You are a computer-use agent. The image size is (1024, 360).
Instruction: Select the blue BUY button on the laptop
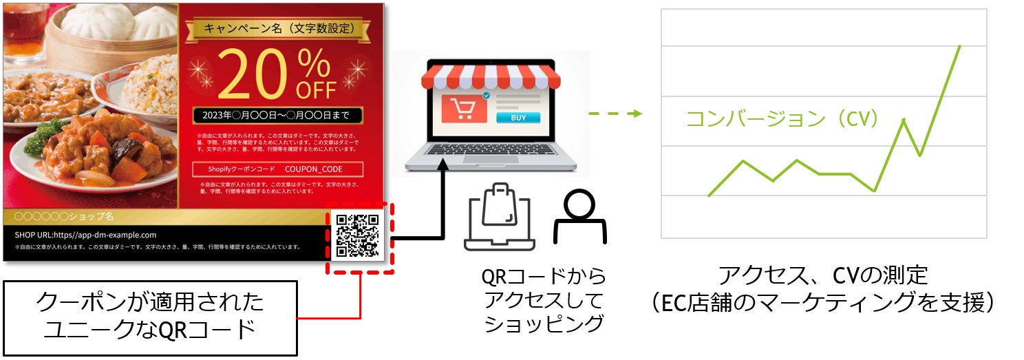coord(518,118)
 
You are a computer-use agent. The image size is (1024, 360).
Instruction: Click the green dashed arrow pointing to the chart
coord(615,114)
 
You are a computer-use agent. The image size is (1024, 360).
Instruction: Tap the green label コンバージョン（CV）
coord(783,119)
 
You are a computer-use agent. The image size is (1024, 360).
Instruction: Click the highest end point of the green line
coord(959,46)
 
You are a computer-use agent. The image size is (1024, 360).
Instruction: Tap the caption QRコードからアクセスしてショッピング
coord(544,300)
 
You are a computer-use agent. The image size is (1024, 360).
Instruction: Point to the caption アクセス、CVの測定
coord(823,276)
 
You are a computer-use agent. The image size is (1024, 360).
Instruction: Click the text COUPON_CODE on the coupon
coord(313,169)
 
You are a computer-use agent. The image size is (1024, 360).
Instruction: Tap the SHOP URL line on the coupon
coord(86,235)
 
